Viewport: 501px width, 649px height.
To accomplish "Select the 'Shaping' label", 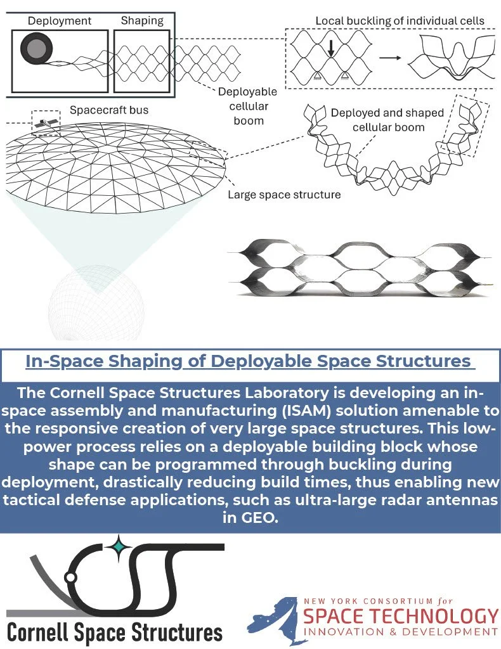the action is (x=141, y=21).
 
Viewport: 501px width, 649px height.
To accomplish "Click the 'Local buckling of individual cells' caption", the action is (x=400, y=21).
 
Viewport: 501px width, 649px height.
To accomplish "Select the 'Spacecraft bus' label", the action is (x=109, y=110).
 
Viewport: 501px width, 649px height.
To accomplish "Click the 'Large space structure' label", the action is (x=284, y=195).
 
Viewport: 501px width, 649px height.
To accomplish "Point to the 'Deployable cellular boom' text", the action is (x=247, y=106).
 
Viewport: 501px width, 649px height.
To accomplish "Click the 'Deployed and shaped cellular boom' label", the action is (x=387, y=120).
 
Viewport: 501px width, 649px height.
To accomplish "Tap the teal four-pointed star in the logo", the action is (x=117, y=544).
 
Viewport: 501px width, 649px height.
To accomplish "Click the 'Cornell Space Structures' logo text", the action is (x=115, y=631).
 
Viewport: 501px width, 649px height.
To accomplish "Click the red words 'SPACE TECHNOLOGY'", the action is (x=401, y=616).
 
